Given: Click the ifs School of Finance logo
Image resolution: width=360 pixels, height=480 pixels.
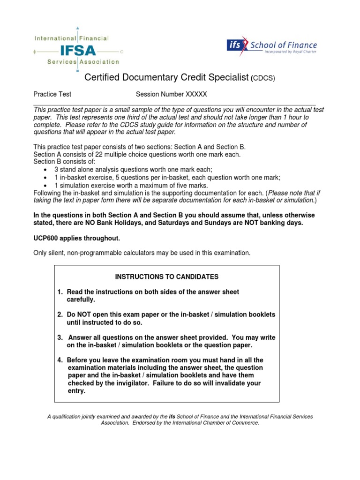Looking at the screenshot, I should tap(272, 46).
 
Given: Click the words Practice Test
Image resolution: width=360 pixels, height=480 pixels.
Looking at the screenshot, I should tap(52, 94).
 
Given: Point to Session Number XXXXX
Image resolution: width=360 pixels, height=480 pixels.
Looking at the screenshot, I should tap(171, 94).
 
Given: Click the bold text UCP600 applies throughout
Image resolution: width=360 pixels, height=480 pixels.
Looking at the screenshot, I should tap(77, 238).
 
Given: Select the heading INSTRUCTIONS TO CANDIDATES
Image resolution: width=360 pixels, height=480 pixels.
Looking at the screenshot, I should tap(167, 277).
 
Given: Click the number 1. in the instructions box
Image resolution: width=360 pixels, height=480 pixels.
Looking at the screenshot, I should tap(60, 292).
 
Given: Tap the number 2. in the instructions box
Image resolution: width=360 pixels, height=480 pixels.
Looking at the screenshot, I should tap(60, 314).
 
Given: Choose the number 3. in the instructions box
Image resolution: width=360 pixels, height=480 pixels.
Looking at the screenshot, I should tap(60, 337).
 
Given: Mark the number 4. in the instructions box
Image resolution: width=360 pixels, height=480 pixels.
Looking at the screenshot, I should tap(60, 360).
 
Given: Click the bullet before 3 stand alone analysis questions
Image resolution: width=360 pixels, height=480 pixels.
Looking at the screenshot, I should tap(45, 170).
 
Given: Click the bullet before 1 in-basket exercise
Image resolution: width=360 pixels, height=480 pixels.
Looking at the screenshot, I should tap(45, 178).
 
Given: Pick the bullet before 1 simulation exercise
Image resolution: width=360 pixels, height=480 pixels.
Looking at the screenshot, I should tap(45, 186).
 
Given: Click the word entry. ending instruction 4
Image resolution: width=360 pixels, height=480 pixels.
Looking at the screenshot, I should tap(77, 391).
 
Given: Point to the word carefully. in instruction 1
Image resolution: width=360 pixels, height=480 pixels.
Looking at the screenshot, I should tap(82, 300).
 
